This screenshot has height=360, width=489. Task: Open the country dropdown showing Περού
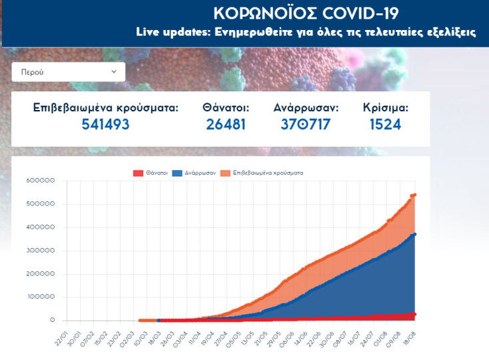pyautogui.click(x=68, y=72)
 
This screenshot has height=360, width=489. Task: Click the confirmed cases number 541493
pyautogui.click(x=105, y=124)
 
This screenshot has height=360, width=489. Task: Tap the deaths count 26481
pyautogui.click(x=226, y=124)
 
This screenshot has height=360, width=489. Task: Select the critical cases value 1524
pyautogui.click(x=386, y=124)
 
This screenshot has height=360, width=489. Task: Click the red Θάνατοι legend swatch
pyautogui.click(x=139, y=173)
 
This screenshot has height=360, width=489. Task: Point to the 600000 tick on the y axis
pyautogui.click(x=41, y=181)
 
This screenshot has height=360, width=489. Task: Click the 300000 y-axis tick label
pyautogui.click(x=41, y=251)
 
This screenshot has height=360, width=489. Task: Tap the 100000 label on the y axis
pyautogui.click(x=41, y=297)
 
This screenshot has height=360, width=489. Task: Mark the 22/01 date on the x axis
pyautogui.click(x=61, y=333)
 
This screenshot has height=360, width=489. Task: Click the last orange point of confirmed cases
pyautogui.click(x=414, y=195)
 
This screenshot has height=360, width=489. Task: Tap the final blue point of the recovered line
pyautogui.click(x=414, y=234)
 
